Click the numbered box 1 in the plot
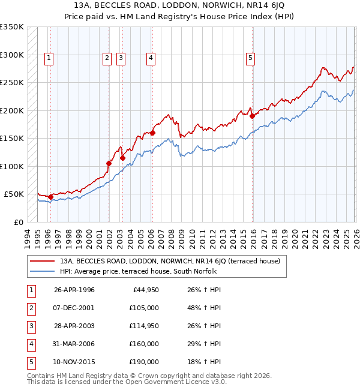tap(49, 58)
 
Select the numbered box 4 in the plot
tap(150, 58)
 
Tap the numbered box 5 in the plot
tap(250, 58)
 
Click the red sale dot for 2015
tap(252, 116)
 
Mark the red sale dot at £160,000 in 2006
tap(152, 133)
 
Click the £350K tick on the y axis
tap(12, 27)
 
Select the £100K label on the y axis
tap(12, 166)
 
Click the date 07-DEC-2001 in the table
tap(74, 308)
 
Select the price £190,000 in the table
tap(144, 362)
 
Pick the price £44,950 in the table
tap(146, 290)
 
